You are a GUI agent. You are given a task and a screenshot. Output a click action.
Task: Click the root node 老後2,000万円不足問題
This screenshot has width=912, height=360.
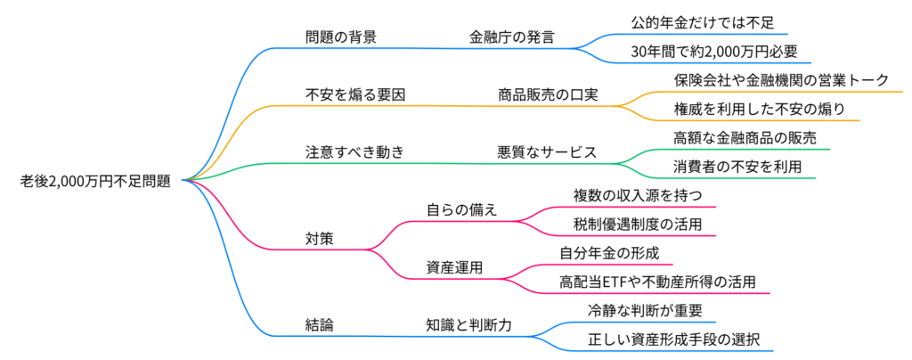(x=95, y=181)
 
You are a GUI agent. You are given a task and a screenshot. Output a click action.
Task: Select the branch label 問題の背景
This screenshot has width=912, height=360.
(x=340, y=37)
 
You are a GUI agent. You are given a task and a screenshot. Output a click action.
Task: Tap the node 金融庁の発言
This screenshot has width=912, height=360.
(x=512, y=37)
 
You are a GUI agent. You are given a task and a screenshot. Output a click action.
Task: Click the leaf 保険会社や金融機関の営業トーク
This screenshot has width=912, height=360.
(x=781, y=80)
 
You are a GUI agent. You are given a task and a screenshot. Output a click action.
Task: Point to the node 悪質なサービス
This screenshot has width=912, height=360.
(x=546, y=151)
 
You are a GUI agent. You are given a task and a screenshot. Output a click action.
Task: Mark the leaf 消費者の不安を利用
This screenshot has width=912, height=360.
(x=737, y=166)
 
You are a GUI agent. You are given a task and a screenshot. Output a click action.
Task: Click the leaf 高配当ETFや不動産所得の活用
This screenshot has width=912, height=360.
(x=658, y=282)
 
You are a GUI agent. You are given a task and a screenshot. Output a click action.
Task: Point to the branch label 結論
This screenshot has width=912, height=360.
(x=320, y=325)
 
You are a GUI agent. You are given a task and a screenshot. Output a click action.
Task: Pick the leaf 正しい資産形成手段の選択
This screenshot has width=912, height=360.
(x=675, y=339)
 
